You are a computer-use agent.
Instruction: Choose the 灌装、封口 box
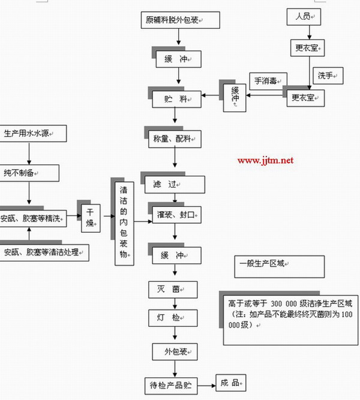coord(176,214)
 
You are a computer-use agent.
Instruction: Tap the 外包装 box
coord(175,351)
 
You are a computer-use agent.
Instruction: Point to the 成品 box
coord(231,382)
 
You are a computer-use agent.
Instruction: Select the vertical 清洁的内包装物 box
coord(123,221)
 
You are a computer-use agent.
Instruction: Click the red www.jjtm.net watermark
coord(265,160)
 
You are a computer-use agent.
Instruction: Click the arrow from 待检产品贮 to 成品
coord(206,382)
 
